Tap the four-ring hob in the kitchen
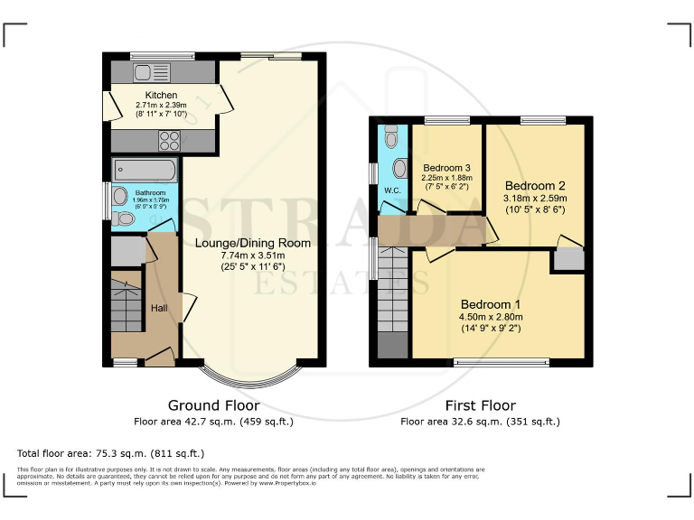(169, 140)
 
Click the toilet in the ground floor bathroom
(126, 218)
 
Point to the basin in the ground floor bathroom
(118, 194)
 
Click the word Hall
(159, 309)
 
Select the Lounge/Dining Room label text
(253, 243)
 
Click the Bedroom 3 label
(446, 168)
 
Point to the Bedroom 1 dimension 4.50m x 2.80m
(492, 317)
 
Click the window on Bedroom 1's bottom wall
(501, 363)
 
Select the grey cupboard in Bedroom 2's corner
(568, 259)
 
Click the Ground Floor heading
(213, 405)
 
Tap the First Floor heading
(480, 405)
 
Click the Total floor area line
(111, 452)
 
